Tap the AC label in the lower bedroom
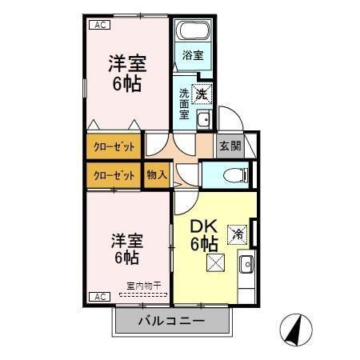101,297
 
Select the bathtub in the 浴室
192,34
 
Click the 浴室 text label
192,55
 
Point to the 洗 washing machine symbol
202,94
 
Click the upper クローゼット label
114,146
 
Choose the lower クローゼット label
114,175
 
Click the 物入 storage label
157,175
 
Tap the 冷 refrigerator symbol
238,234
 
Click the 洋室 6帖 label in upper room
126,72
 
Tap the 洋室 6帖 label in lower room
126,248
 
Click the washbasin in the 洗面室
202,121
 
